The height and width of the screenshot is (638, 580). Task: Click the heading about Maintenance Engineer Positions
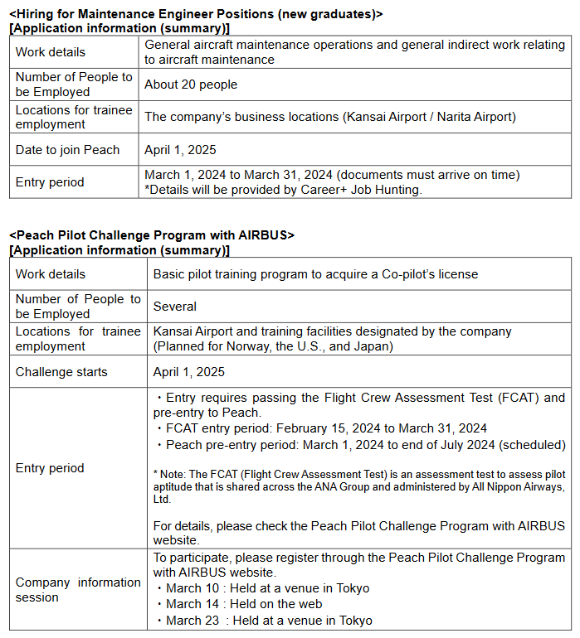196,14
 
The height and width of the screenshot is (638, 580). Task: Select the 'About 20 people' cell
191,85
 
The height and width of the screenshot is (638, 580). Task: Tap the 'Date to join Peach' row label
67,150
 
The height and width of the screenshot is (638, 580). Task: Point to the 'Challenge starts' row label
61,372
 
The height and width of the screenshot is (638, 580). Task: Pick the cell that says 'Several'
175,307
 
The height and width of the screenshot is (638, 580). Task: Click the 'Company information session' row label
78,590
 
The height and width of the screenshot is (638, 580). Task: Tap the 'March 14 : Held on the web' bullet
244,604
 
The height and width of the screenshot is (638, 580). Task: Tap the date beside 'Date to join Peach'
180,150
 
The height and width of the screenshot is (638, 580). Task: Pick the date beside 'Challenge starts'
189,372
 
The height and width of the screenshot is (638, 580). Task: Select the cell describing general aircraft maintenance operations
354,52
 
